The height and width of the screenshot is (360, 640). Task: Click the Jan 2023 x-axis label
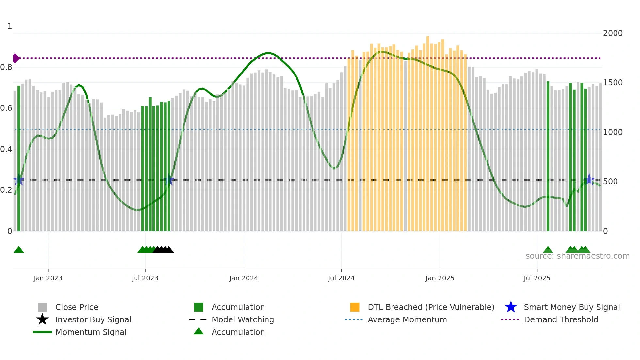(x=48, y=278)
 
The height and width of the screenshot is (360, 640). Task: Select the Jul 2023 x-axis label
(x=145, y=278)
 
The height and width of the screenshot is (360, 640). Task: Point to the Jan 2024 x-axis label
(x=244, y=278)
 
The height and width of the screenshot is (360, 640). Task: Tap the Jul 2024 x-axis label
(x=341, y=278)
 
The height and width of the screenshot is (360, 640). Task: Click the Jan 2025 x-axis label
(x=440, y=278)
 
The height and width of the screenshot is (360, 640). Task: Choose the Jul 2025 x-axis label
(x=537, y=278)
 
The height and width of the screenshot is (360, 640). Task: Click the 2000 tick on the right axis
(x=613, y=33)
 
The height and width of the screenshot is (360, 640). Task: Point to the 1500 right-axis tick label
(x=613, y=83)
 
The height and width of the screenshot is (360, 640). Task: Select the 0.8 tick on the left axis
(x=6, y=67)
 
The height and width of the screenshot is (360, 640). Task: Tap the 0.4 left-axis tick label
(x=6, y=149)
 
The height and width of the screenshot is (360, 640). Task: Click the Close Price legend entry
(x=77, y=307)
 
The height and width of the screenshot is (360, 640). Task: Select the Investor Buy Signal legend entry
(x=93, y=319)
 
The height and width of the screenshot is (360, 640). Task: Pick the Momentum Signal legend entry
(x=91, y=332)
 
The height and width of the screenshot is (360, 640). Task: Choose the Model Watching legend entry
(x=243, y=319)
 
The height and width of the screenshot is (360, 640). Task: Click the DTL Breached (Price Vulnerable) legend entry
(x=431, y=307)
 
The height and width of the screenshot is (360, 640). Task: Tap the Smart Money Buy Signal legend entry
(x=572, y=307)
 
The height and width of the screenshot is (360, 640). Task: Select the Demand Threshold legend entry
(x=561, y=319)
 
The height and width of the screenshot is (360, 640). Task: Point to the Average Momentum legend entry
(x=407, y=319)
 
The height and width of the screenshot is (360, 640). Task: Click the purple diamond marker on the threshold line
(x=16, y=58)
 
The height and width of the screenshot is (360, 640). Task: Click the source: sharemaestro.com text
(x=577, y=256)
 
